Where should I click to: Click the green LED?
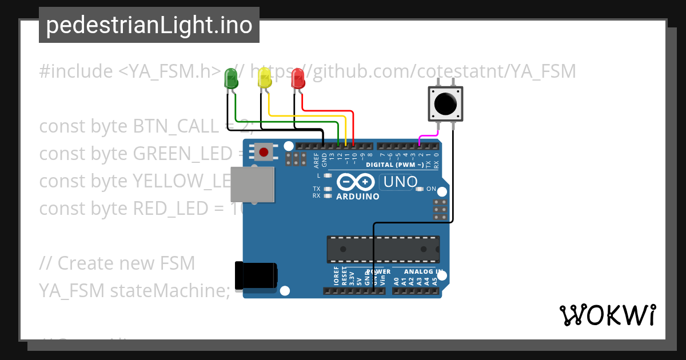coord(231,78)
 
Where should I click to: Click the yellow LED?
coord(264,78)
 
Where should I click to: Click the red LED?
coord(298,78)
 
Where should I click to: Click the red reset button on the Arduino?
coord(264,153)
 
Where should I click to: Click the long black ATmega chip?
coord(383,249)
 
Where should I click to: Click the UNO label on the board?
coord(401,182)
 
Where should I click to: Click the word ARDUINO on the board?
coord(358,197)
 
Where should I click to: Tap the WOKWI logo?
coord(607,315)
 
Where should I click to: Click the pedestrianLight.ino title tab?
coord(149,25)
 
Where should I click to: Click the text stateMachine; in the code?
coord(170,290)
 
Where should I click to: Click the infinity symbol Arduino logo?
coord(357,182)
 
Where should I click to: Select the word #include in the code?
coord(76,71)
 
